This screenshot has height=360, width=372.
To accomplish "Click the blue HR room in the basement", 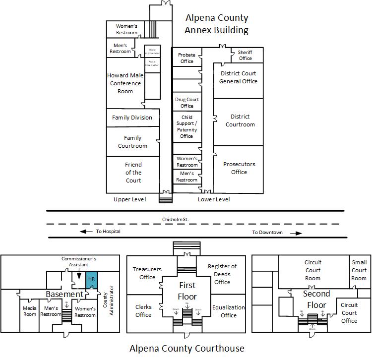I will point(91,279).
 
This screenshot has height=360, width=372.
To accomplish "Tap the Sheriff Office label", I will point(245,55).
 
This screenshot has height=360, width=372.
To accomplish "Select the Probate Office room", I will point(186,58).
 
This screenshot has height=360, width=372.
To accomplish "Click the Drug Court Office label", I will point(187,103).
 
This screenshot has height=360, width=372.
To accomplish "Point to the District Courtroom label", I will point(240,120).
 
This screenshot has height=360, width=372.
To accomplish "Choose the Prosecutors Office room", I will point(239,168).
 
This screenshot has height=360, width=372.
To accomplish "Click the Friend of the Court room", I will point(133,173).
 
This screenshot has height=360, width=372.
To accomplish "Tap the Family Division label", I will point(132,118).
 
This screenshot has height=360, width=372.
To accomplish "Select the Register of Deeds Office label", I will point(222,274).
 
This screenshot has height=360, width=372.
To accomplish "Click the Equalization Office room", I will point(228,311).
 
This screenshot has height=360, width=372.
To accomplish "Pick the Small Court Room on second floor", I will point(359,270).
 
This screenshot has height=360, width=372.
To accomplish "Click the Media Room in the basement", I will point(30,311).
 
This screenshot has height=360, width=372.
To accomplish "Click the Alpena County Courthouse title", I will point(186,349).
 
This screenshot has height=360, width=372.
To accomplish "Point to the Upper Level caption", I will point(129,199).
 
